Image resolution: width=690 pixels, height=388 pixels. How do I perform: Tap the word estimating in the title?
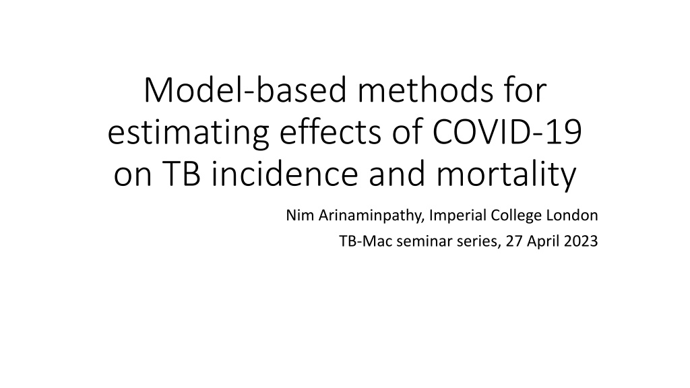point(189,133)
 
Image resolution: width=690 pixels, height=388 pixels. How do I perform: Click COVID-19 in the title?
point(507,132)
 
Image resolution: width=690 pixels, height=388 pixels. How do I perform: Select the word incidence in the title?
point(285,174)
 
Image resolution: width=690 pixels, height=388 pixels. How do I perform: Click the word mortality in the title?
point(506,174)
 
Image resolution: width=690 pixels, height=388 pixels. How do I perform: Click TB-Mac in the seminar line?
point(366,241)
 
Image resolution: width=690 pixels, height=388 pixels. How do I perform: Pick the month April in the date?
point(542,242)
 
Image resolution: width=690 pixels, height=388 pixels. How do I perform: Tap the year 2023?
point(579,241)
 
